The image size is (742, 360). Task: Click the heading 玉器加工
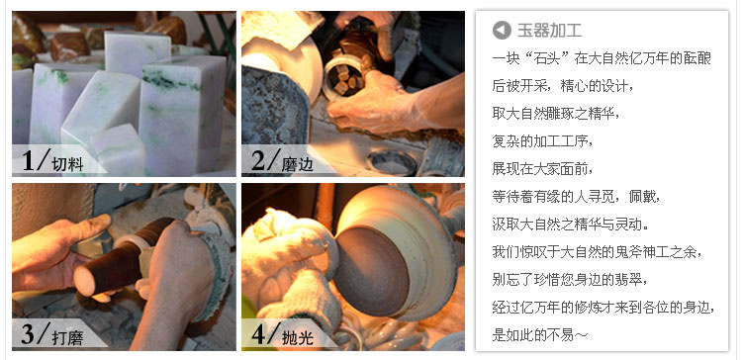[x=549, y=31]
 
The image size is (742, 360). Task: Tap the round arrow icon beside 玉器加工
[x=502, y=31]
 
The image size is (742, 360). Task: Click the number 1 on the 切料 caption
[x=29, y=160]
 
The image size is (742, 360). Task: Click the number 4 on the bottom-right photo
[x=258, y=334]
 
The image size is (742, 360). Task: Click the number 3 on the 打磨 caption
[x=29, y=334]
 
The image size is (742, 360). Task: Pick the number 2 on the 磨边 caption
[x=258, y=160]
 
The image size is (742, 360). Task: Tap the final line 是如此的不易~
[x=540, y=335]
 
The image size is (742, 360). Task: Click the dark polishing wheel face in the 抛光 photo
[x=371, y=272]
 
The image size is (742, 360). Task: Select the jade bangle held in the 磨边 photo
[x=344, y=76]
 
